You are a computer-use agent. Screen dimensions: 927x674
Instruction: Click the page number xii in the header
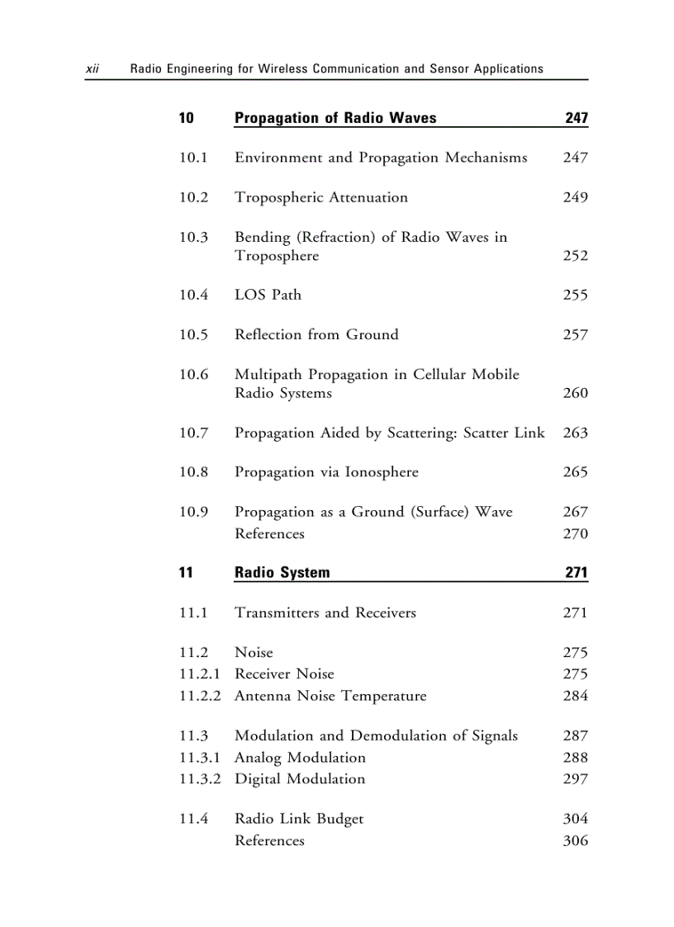point(93,69)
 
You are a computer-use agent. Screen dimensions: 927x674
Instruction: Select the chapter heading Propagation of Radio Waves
point(335,118)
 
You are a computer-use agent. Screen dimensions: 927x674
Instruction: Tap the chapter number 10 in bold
point(187,118)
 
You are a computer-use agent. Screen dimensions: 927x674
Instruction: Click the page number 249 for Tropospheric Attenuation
point(575,197)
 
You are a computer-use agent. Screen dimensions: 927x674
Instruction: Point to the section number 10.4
point(193,295)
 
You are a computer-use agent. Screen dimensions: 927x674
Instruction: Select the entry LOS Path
point(268,295)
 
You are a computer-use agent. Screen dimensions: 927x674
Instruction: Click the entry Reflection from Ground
point(316,334)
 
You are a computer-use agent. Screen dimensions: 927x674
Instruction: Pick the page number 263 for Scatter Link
point(575,433)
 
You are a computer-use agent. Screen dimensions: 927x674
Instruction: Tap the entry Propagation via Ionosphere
point(326,472)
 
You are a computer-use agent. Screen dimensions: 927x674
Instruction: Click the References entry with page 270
point(269,534)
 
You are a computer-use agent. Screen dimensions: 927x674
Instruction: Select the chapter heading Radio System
point(282,573)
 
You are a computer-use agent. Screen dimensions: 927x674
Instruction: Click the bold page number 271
point(577,573)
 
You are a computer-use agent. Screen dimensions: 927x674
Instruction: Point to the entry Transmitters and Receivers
point(325,612)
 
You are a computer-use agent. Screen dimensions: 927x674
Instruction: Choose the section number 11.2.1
point(199,674)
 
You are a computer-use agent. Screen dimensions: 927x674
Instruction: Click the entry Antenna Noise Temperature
point(330,696)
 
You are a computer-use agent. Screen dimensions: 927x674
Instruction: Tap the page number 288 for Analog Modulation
point(575,757)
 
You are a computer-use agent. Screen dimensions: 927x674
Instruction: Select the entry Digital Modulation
point(300,778)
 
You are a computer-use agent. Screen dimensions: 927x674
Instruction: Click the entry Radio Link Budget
point(299,819)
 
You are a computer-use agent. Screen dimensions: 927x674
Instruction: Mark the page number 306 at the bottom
point(575,840)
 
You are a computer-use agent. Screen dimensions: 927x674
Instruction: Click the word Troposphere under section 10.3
point(277,256)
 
